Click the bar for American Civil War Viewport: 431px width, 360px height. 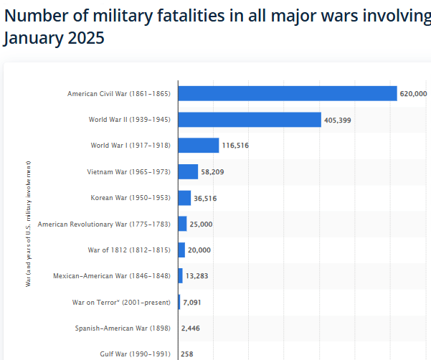click(x=287, y=93)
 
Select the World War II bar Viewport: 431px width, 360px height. click(x=249, y=120)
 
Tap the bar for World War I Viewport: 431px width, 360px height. click(x=198, y=146)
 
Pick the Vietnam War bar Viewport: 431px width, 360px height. click(x=188, y=171)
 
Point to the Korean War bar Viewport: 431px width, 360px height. click(x=184, y=198)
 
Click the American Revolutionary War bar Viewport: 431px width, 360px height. click(x=182, y=224)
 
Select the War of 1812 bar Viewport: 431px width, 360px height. click(x=181, y=250)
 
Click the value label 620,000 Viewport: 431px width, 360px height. click(x=414, y=94)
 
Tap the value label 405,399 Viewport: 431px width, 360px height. click(x=337, y=120)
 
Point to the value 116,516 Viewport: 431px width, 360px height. click(x=235, y=146)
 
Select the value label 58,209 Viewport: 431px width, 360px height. click(x=214, y=172)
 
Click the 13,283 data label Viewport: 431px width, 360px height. click(x=196, y=276)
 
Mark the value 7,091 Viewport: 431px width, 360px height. click(x=192, y=302)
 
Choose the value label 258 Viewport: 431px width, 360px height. click(x=187, y=354)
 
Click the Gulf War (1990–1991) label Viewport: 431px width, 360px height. click(x=135, y=354)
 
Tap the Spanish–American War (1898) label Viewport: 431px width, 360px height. click(x=123, y=328)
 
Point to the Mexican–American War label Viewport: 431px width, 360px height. click(x=112, y=276)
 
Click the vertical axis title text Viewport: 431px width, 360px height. click(x=28, y=224)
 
